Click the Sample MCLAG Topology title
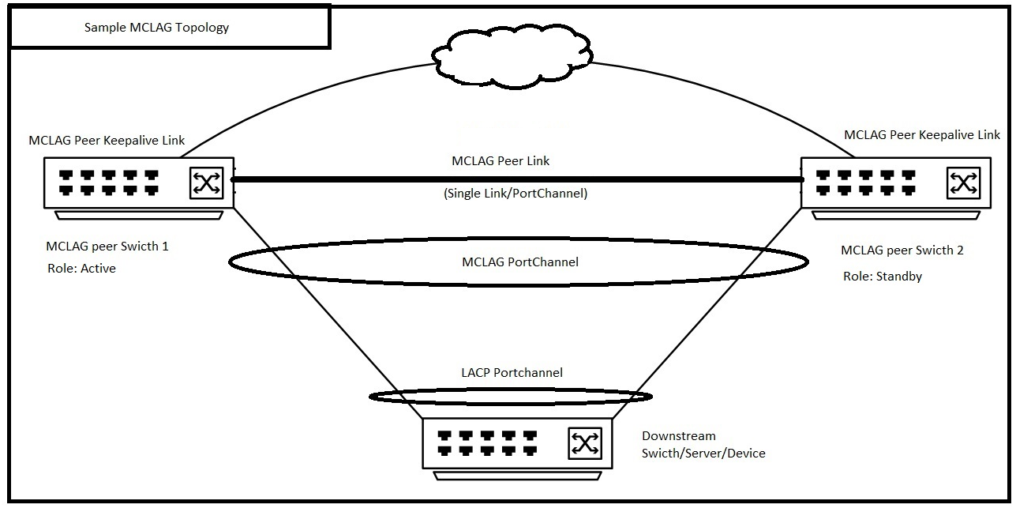[x=156, y=28]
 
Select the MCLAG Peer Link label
[x=501, y=160]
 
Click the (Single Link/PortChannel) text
[x=515, y=193]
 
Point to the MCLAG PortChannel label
[x=519, y=262]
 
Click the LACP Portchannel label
[x=512, y=372]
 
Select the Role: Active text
[x=81, y=268]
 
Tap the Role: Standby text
[x=882, y=277]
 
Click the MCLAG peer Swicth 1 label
[x=107, y=246]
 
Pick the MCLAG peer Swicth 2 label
[x=902, y=250]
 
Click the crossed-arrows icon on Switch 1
[x=207, y=183]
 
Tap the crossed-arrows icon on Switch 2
[x=963, y=183]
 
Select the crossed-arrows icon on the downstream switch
[x=585, y=442]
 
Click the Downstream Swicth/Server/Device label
[x=703, y=445]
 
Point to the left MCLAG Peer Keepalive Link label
[x=107, y=141]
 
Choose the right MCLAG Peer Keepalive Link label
[x=921, y=134]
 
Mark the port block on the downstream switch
[x=487, y=442]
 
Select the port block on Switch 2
[x=865, y=183]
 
